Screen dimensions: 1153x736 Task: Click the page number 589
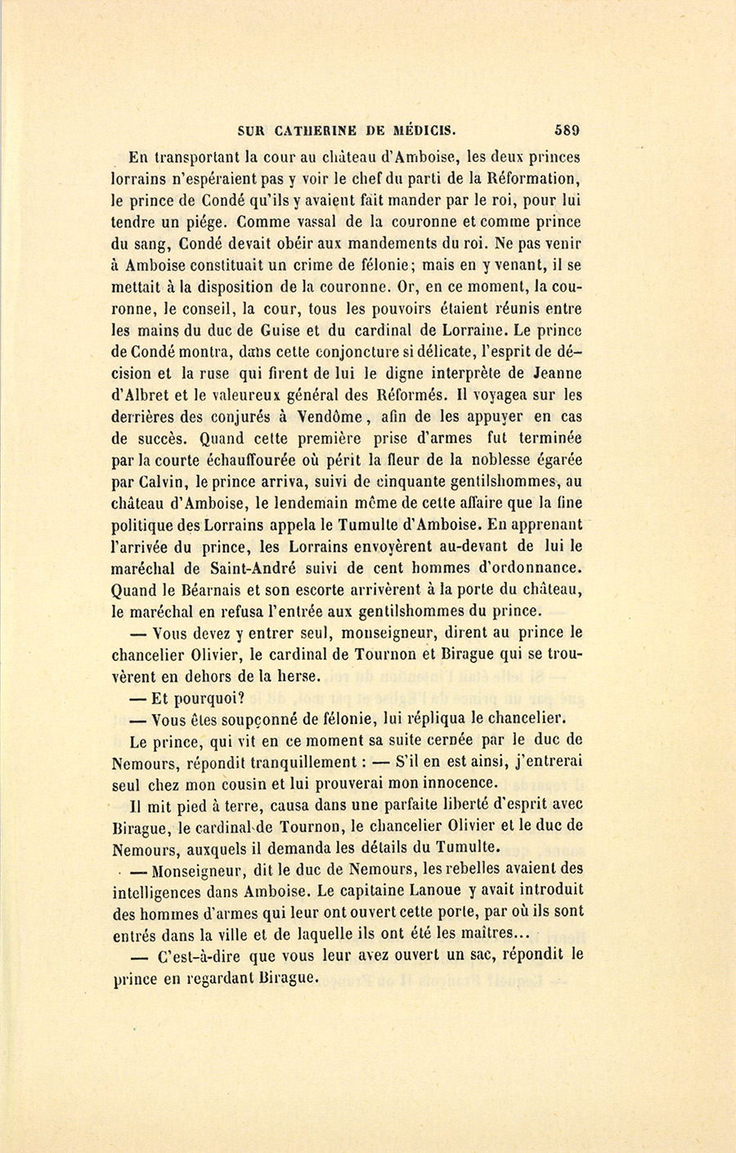point(566,129)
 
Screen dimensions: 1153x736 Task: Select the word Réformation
point(533,178)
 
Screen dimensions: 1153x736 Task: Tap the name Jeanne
point(552,373)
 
